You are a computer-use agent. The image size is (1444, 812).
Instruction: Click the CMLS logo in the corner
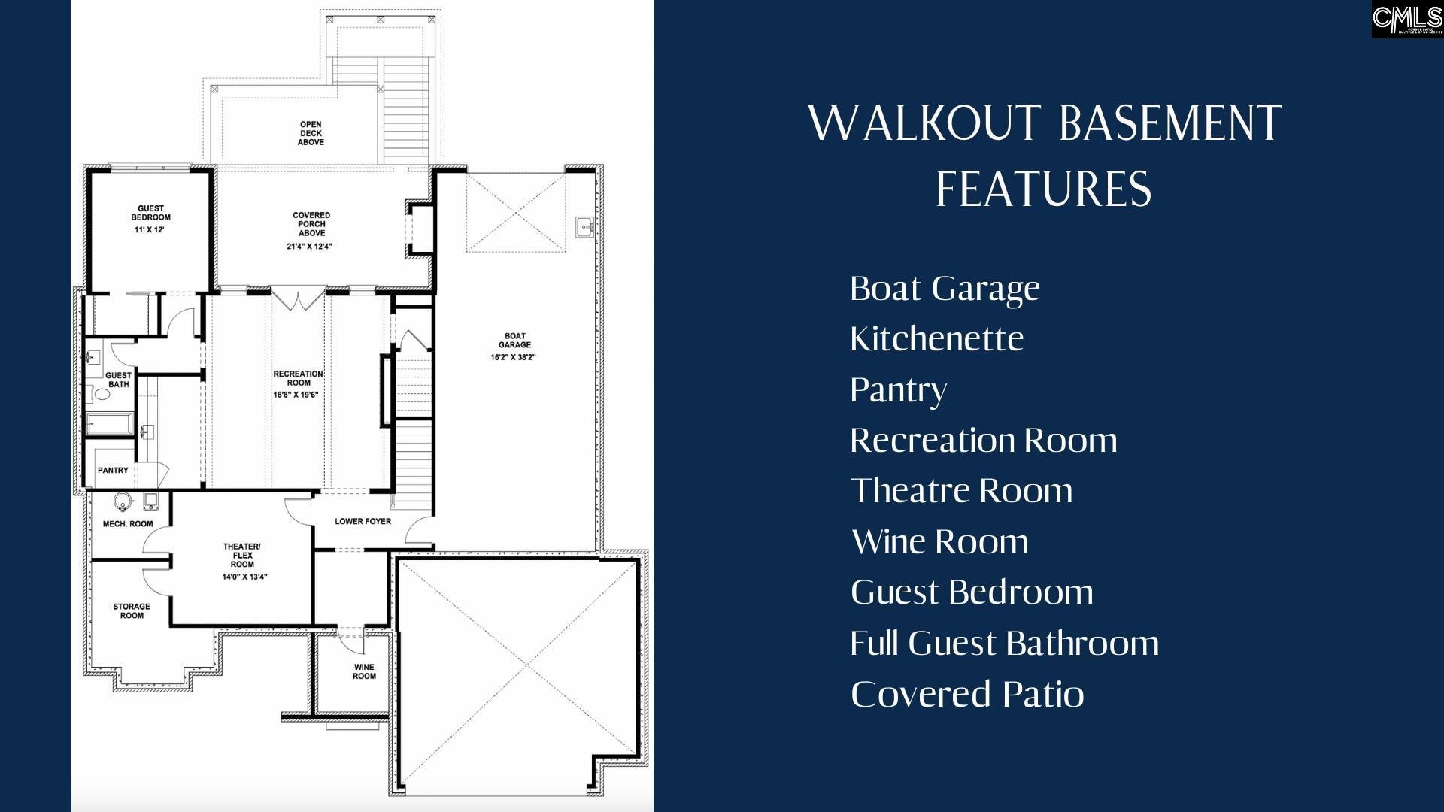(x=1406, y=19)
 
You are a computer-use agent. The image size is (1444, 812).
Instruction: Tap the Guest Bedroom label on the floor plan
(x=150, y=213)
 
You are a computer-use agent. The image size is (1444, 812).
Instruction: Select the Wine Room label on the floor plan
(x=364, y=671)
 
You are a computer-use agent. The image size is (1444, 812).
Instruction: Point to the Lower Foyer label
(x=363, y=521)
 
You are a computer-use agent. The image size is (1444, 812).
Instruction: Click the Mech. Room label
(x=128, y=524)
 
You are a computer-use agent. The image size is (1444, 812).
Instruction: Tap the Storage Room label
(x=132, y=611)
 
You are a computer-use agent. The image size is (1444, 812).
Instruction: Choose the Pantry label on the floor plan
(x=113, y=471)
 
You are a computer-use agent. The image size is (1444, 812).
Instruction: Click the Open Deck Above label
(x=311, y=133)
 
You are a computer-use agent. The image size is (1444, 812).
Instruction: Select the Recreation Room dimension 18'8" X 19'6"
(x=296, y=395)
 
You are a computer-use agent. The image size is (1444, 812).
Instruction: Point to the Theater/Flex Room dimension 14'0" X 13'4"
(x=244, y=577)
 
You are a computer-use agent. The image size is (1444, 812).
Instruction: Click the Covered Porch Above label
(x=311, y=224)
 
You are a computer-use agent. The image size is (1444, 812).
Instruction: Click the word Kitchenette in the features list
(x=936, y=339)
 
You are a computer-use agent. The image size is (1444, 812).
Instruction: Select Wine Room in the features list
(x=939, y=542)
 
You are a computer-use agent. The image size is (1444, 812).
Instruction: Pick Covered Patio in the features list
(x=967, y=694)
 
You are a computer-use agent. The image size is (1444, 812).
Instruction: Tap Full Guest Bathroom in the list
(x=1004, y=644)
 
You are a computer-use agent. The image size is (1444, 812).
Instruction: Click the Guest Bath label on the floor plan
(x=118, y=380)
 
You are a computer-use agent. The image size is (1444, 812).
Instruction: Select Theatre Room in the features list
(x=961, y=491)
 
